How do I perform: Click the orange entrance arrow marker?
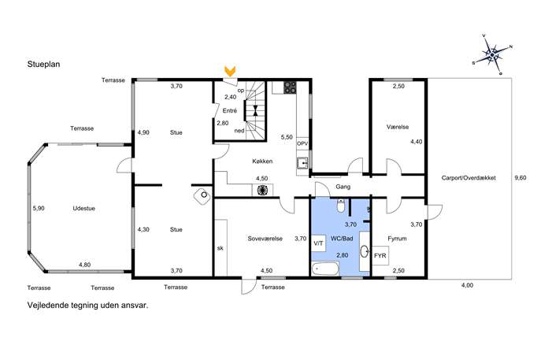[230, 71]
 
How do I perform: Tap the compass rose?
[492, 54]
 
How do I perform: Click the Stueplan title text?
[43, 65]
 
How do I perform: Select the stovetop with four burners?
[290, 87]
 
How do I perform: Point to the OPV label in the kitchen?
[302, 143]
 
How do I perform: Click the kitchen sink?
[303, 163]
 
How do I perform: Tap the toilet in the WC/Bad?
[340, 206]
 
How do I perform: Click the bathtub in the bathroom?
[325, 269]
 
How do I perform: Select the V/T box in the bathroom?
[318, 243]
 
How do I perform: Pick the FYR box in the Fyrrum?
[380, 256]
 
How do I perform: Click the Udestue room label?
[83, 209]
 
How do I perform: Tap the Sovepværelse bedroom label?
[265, 239]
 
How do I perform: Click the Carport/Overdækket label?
[469, 178]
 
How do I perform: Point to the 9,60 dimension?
[521, 178]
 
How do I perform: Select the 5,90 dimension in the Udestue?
[39, 209]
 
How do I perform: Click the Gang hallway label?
[343, 187]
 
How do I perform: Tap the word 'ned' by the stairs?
[239, 131]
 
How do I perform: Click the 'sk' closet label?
[220, 248]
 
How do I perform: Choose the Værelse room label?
[398, 127]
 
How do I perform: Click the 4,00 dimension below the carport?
[467, 285]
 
